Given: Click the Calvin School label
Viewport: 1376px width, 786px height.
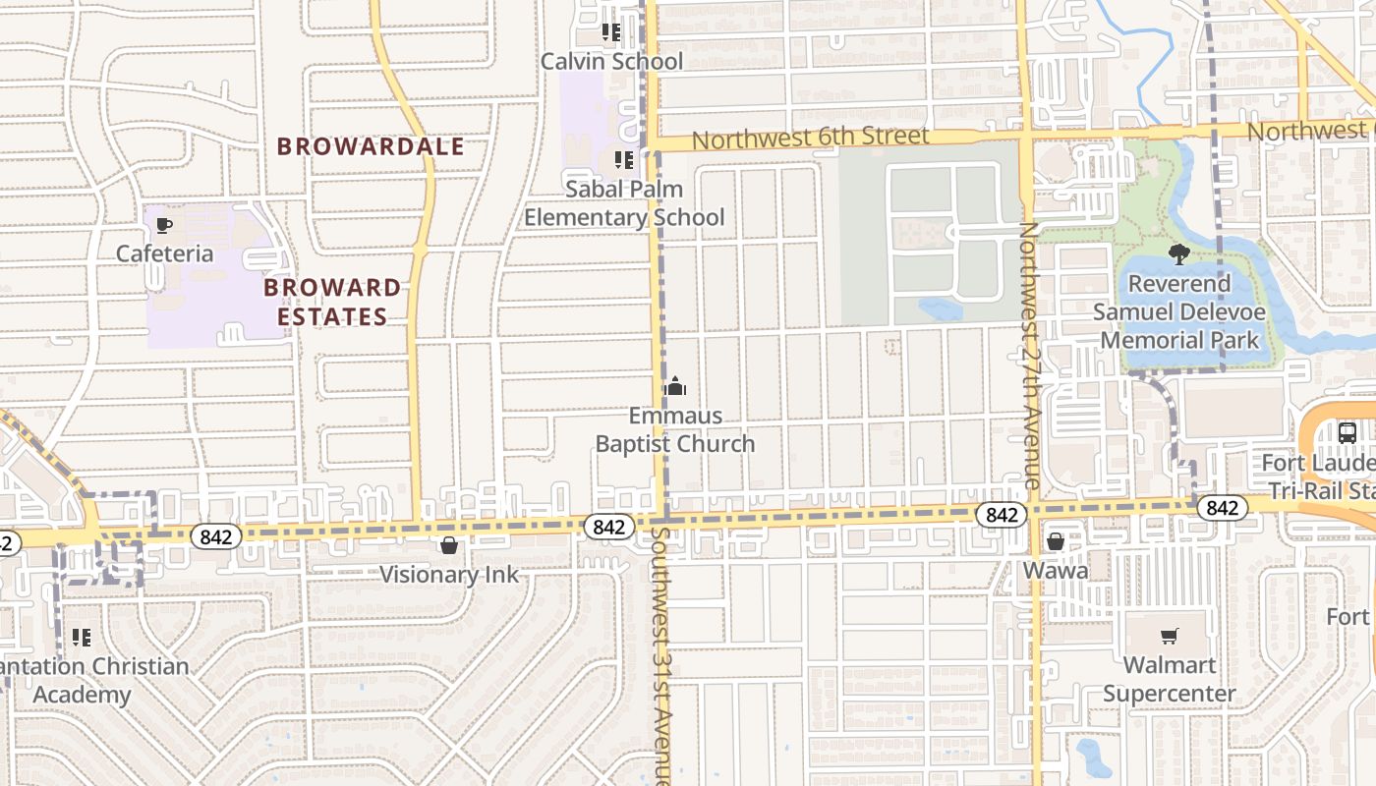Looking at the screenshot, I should click(611, 61).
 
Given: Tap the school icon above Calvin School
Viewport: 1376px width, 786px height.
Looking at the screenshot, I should click(611, 32).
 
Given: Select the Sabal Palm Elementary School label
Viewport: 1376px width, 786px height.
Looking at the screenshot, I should click(624, 202).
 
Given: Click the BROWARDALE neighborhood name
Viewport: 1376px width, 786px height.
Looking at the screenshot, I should click(370, 146).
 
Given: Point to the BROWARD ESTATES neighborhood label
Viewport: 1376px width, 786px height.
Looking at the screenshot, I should click(332, 302).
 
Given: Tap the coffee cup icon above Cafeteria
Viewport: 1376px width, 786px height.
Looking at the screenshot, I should click(164, 226).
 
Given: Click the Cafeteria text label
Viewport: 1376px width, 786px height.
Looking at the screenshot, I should click(164, 253).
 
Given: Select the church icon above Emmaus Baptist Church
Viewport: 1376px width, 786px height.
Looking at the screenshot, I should click(674, 386).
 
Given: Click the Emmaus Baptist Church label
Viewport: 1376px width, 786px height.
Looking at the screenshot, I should click(675, 430).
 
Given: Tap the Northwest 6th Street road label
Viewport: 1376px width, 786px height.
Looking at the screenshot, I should click(810, 138).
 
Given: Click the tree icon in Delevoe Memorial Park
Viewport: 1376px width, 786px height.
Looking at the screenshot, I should click(1178, 254).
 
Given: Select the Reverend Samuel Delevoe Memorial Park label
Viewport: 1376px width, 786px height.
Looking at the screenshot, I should click(1178, 311).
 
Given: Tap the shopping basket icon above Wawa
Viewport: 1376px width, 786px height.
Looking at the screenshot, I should click(1056, 541).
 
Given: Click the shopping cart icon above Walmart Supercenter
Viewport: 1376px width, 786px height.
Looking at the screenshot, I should click(1169, 637).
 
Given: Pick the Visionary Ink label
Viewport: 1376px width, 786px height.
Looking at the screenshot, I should click(448, 575).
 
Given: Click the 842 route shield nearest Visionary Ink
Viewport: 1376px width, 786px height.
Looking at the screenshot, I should click(608, 527).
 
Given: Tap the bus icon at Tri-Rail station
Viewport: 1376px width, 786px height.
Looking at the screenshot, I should click(1347, 432).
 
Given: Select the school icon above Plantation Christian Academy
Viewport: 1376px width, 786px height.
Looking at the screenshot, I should click(82, 638).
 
